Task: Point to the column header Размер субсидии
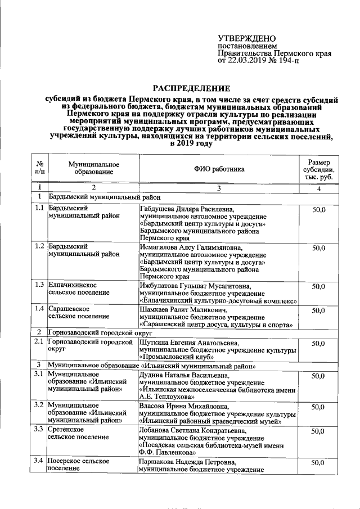tap(318, 168)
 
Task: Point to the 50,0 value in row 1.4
tap(318, 310)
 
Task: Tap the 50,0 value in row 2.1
tap(318, 343)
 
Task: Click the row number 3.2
tap(38, 406)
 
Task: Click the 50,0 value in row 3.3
tap(318, 431)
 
